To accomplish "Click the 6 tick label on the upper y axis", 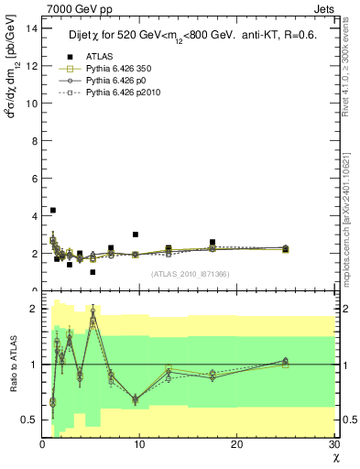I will click(x=33, y=178).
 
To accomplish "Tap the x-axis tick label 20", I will click(x=236, y=444).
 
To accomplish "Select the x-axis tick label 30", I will click(x=333, y=444).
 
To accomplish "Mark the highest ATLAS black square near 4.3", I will click(x=52, y=211).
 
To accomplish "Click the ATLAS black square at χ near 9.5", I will click(x=136, y=234).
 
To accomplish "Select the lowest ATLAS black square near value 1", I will click(x=93, y=272).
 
